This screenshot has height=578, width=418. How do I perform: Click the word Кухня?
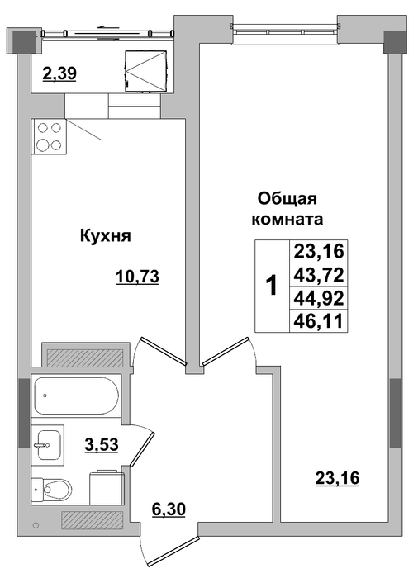pos(106,236)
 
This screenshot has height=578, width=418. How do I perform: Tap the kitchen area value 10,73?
pos(137,276)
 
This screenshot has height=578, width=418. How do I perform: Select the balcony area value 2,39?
pos(59,73)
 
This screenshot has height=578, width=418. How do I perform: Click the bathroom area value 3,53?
pos(102,444)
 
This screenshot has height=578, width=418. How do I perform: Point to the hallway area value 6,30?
pos(169,509)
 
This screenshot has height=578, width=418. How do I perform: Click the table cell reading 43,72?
pos(319,275)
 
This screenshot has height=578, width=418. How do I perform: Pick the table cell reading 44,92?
pos(319,298)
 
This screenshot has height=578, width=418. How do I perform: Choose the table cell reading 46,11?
pos(319,320)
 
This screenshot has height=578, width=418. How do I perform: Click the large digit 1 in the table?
pos(272,286)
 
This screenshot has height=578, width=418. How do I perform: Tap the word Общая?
pos(287,199)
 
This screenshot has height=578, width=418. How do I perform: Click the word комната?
pos(287,220)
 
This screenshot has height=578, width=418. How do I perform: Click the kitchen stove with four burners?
pos(49,136)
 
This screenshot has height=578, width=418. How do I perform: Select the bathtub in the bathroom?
pos(76,396)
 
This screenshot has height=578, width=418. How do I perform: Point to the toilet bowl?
pos(52,489)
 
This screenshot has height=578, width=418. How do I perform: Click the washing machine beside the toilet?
pos(107,487)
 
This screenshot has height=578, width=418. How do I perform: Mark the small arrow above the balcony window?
pos(110,26)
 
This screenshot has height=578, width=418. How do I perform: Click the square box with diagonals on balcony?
pos(146,70)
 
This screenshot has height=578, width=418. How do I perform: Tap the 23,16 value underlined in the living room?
pos(337,478)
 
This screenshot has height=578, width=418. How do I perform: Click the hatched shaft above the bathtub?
pos(85,358)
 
